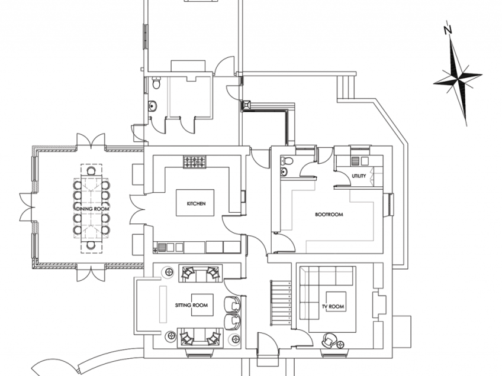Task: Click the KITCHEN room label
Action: point(196,204)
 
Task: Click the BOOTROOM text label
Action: point(329,215)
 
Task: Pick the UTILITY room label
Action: point(359,176)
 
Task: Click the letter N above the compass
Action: point(448,29)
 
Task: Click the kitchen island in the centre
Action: point(196,205)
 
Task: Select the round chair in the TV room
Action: point(329,341)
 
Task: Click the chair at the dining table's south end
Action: point(91,245)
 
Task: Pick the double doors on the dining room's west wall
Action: point(25,209)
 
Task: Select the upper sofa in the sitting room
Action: point(199,274)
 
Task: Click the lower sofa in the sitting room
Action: point(199,337)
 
